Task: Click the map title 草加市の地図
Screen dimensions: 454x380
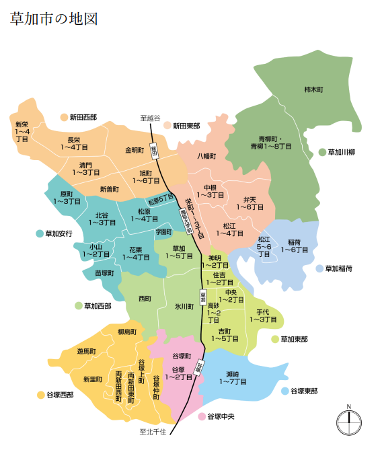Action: click(54, 18)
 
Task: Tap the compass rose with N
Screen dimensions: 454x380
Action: click(348, 422)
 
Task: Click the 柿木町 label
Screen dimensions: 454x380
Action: click(313, 89)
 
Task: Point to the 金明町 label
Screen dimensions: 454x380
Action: click(135, 150)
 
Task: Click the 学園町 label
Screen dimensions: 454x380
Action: click(163, 231)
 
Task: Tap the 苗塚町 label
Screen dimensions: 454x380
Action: click(104, 273)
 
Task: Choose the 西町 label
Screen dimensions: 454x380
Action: click(145, 298)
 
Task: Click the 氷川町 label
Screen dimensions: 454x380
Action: click(184, 306)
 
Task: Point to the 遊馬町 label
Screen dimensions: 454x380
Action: click(86, 351)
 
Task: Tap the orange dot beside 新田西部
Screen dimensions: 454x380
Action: click(65, 117)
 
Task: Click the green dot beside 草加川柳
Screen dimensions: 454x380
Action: click(322, 152)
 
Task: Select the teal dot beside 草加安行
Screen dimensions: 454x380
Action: click(40, 233)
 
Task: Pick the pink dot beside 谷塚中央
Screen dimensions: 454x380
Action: click(202, 417)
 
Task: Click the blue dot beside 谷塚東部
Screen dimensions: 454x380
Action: click(285, 391)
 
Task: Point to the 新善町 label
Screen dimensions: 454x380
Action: click(109, 189)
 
